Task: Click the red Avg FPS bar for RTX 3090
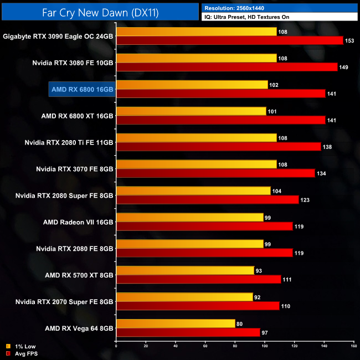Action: pyautogui.click(x=230, y=40)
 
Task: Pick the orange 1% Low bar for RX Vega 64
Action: pyautogui.click(x=176, y=323)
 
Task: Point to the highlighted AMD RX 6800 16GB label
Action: pyautogui.click(x=82, y=89)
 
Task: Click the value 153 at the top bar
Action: pyautogui.click(x=351, y=40)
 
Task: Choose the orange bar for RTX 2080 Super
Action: pyautogui.click(x=193, y=191)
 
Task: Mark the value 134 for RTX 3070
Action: pyautogui.click(x=323, y=173)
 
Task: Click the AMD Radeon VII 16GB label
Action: pyautogui.click(x=78, y=222)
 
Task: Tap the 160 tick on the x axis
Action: pyautogui.click(x=353, y=347)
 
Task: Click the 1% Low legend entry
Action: pyautogui.click(x=19, y=347)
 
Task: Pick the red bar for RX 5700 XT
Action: pyautogui.click(x=199, y=279)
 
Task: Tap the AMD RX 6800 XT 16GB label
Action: pyautogui.click(x=78, y=116)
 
